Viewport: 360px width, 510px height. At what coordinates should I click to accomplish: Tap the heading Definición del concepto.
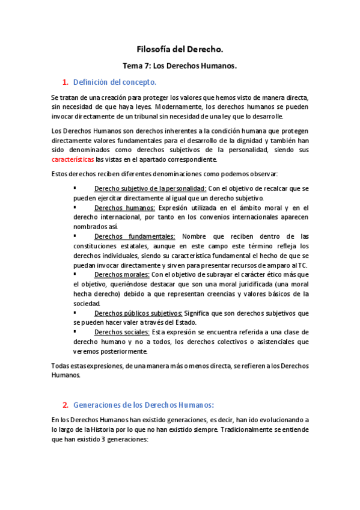[114, 81]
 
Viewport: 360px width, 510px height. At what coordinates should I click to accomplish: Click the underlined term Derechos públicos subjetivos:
[138, 313]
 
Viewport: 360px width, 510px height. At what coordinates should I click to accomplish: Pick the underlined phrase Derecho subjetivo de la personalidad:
[150, 189]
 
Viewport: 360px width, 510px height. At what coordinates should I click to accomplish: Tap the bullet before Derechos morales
[75, 274]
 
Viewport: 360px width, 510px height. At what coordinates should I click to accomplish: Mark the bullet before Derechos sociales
[75, 331]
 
